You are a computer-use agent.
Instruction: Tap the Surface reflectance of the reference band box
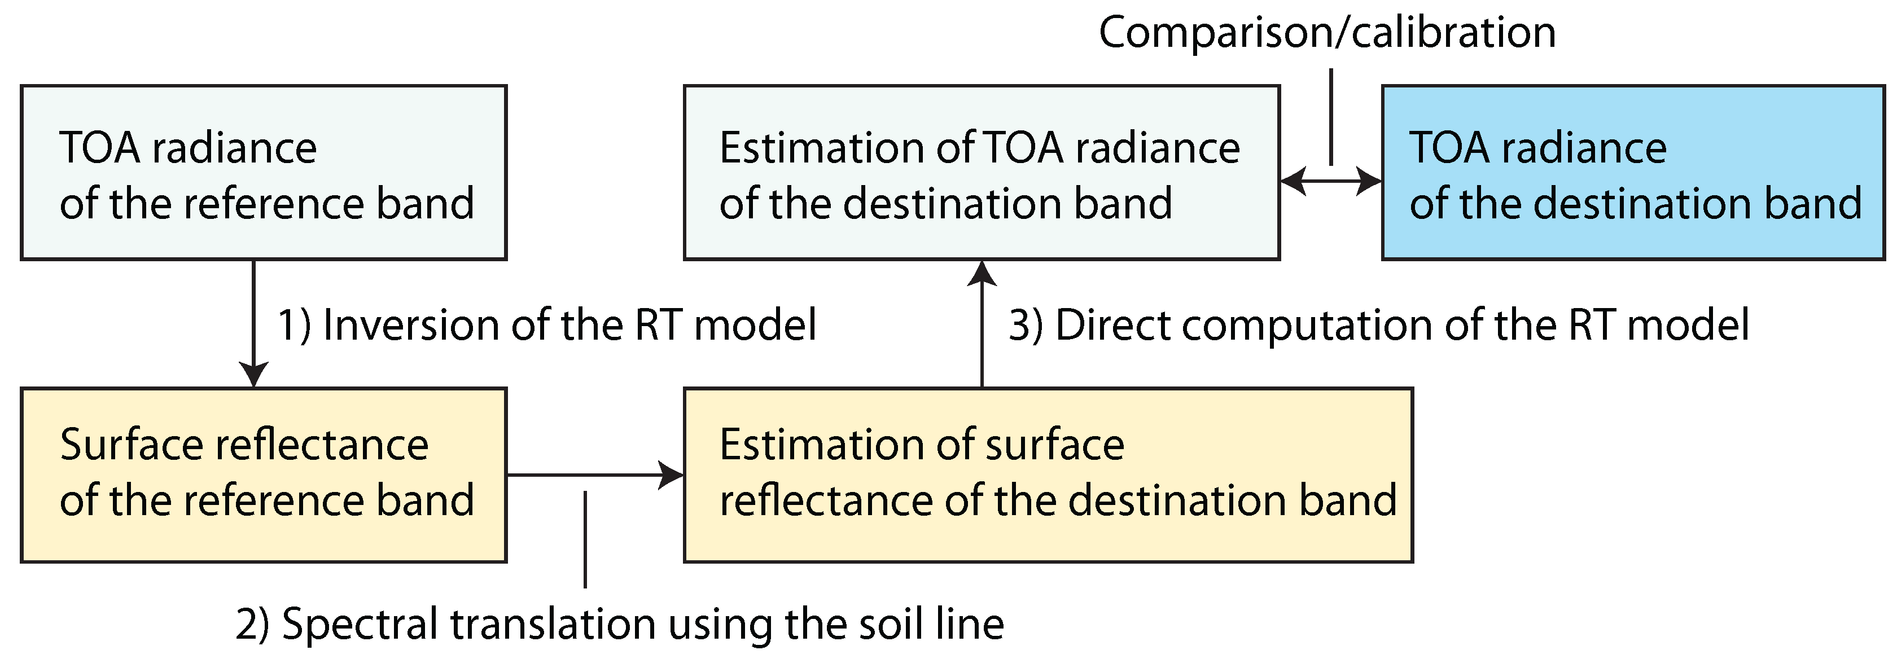264,475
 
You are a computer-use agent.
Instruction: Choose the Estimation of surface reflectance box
1048,475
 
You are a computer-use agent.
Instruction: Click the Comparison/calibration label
1327,33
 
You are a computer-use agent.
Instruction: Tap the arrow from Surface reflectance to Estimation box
595,475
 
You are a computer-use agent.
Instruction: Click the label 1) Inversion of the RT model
546,325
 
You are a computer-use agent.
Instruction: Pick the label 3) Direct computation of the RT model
1378,325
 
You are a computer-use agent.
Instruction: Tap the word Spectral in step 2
361,625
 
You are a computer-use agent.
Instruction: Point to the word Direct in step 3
1112,325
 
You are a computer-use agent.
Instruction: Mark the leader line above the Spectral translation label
585,539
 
